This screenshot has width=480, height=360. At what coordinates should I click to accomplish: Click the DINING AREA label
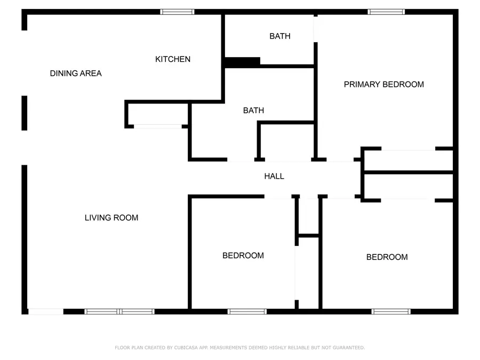pos(76,74)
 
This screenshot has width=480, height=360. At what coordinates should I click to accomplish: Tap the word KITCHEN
pos(173,59)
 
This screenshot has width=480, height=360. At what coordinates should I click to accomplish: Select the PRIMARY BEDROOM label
pos(384,84)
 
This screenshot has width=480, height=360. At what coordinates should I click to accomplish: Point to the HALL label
pos(274,177)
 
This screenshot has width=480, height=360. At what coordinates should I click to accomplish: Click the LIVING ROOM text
pos(111,218)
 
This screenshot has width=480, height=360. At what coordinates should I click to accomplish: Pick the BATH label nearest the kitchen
pos(280,36)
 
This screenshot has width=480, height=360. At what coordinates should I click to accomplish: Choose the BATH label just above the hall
pos(253,110)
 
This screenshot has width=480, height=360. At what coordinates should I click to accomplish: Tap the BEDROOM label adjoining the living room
pos(243,255)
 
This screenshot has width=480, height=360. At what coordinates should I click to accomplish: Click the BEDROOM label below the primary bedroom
pos(387,257)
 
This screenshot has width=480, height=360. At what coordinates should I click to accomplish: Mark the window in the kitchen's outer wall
pos(177,12)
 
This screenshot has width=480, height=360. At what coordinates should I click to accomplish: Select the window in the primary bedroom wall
pos(386,12)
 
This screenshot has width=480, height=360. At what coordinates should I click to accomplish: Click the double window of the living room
pos(119,311)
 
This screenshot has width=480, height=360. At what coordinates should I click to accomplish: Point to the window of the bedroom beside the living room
pos(247,311)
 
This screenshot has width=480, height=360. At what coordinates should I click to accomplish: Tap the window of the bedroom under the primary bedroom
pos(391,311)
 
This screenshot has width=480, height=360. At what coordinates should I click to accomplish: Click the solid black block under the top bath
pos(243,62)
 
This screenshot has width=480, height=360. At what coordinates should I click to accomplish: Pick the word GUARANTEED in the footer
pos(349,348)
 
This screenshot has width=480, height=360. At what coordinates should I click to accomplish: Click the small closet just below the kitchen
pos(158,114)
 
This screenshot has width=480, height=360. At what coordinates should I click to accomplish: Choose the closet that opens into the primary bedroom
pos(409,160)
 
